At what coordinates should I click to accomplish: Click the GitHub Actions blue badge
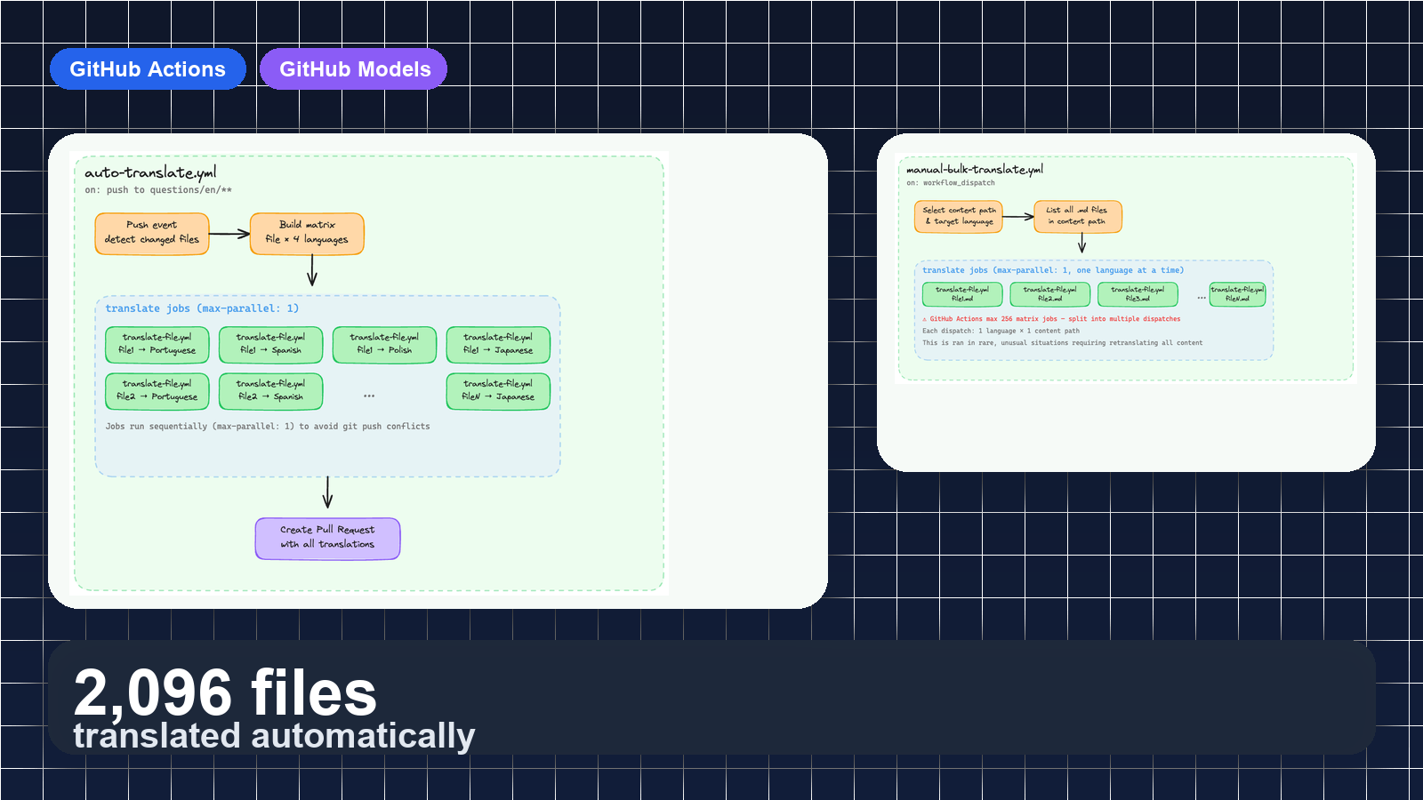point(148,69)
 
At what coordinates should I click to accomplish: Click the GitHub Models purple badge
point(354,69)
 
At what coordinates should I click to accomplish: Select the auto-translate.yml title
point(150,172)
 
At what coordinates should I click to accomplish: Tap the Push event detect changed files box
point(152,234)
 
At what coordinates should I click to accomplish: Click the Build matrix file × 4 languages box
point(307,234)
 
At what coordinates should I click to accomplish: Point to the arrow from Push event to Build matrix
point(229,235)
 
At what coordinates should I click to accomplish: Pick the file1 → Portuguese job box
point(157,345)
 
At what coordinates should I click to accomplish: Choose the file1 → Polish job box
point(384,345)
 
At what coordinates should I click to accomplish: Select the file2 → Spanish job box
point(270,391)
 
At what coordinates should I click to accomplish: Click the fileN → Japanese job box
point(498,391)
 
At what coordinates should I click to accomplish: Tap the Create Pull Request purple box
point(327,539)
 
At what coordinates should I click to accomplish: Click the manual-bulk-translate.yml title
point(975,169)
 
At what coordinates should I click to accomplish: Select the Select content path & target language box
point(959,216)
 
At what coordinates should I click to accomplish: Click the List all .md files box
point(1077,216)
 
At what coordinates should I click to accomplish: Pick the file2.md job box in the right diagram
point(1049,294)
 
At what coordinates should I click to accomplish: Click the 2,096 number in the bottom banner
point(152,693)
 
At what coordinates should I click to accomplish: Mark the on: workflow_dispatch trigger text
point(951,183)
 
